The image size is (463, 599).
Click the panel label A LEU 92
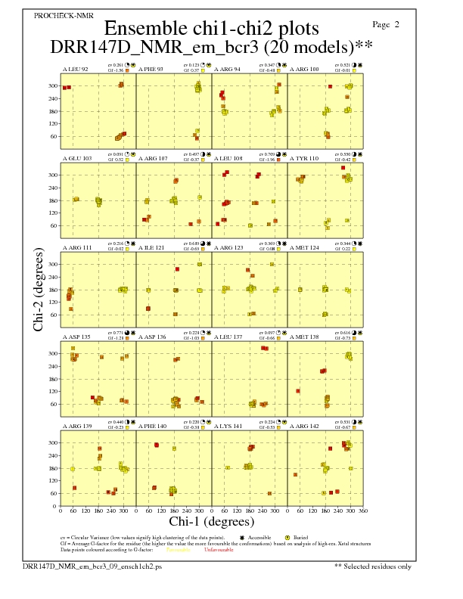[75, 70]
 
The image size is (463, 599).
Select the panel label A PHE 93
[151, 70]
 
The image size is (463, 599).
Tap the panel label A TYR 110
[304, 159]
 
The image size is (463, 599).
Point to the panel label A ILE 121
[151, 248]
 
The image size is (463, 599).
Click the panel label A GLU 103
[76, 159]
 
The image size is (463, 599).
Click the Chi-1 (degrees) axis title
[211, 522]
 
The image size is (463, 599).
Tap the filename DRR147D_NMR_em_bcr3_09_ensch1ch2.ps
[92, 566]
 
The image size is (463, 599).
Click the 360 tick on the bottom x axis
[363, 511]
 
